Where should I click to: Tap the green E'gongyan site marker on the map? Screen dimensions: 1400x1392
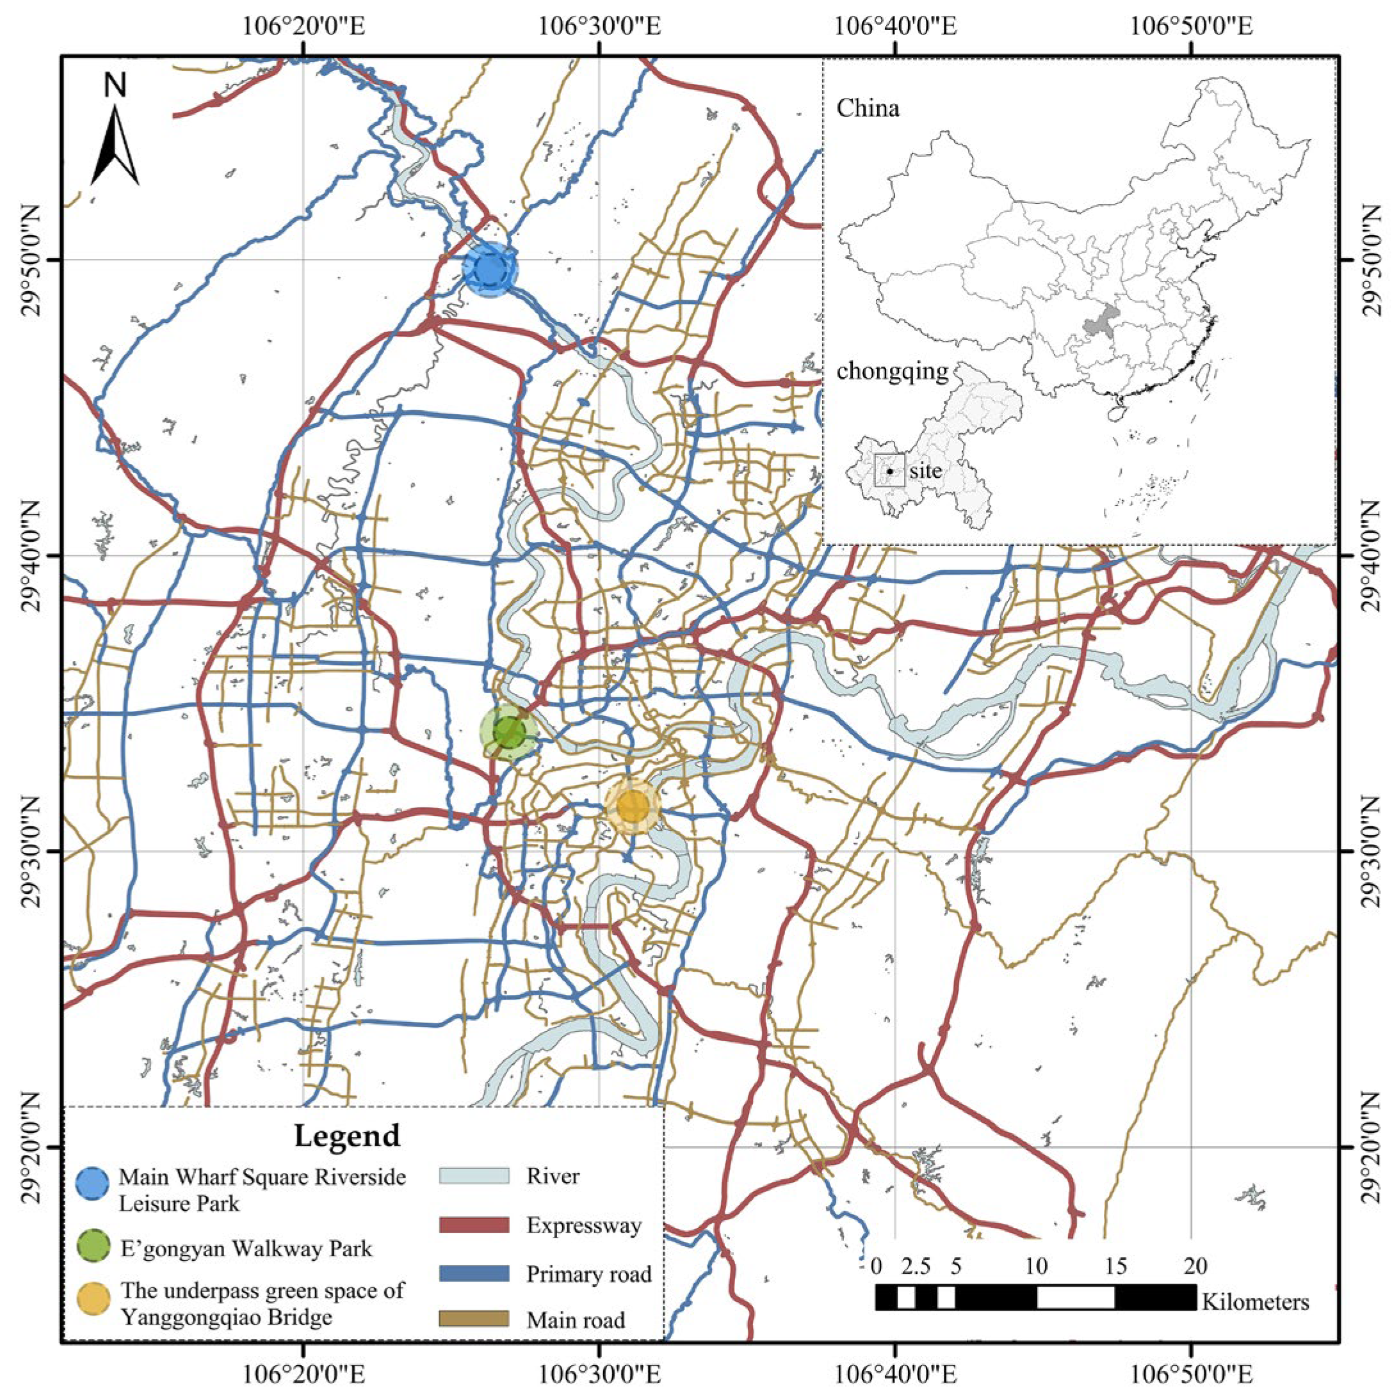tap(509, 733)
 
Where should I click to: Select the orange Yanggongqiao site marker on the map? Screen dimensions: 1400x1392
tap(633, 806)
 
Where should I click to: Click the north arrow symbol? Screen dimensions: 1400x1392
tap(115, 145)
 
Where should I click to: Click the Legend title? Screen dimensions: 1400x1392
tap(346, 1135)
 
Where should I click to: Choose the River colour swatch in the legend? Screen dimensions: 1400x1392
tap(474, 1175)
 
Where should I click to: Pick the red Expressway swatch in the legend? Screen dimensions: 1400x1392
tap(474, 1225)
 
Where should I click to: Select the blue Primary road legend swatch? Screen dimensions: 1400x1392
tap(474, 1273)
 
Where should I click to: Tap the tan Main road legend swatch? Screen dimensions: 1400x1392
tap(474, 1319)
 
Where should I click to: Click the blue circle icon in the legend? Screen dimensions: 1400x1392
tap(93, 1182)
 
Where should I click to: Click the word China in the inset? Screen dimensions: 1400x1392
tap(868, 109)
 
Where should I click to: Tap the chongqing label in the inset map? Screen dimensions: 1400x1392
tap(892, 371)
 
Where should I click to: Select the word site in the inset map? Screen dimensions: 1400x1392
tap(926, 471)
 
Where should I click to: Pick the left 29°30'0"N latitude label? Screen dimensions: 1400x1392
tap(33, 852)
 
